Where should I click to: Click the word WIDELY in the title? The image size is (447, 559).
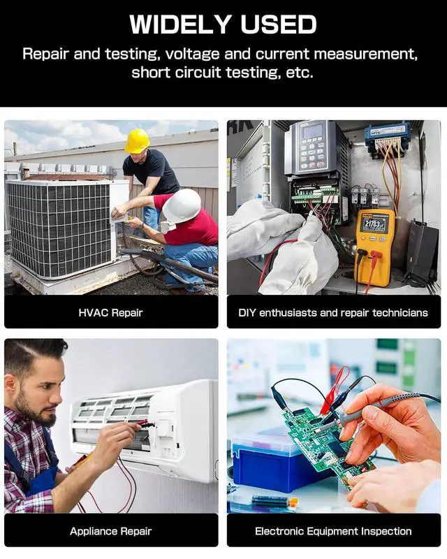tap(180, 24)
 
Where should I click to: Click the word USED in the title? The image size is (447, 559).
tap(279, 24)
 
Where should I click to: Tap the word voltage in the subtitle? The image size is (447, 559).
tap(193, 55)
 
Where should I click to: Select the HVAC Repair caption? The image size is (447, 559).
tap(110, 312)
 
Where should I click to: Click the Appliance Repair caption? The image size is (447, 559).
tap(110, 531)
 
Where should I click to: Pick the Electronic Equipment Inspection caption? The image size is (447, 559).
tap(333, 531)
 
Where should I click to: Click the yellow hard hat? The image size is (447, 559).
tap(137, 141)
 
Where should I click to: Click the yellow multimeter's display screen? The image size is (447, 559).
tap(374, 224)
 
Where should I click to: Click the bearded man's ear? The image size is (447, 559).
tap(10, 386)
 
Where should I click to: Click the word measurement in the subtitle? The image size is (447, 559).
tap(366, 55)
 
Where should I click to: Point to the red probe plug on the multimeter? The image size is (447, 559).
tap(375, 254)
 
